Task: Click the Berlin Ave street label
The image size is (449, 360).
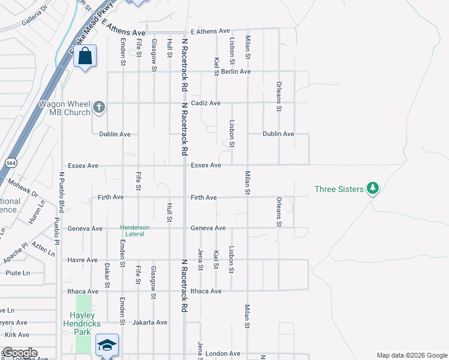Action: click(235, 71)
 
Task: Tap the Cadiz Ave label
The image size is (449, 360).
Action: click(206, 103)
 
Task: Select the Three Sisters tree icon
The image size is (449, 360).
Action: click(373, 189)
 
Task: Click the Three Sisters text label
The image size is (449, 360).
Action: click(339, 190)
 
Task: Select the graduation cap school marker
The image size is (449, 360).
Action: click(107, 345)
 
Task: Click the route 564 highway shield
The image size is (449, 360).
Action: click(11, 163)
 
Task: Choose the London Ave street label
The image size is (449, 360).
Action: click(223, 354)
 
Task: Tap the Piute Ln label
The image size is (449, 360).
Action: click(18, 273)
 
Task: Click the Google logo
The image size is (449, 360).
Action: click(19, 352)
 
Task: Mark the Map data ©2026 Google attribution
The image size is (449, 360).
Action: click(411, 355)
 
